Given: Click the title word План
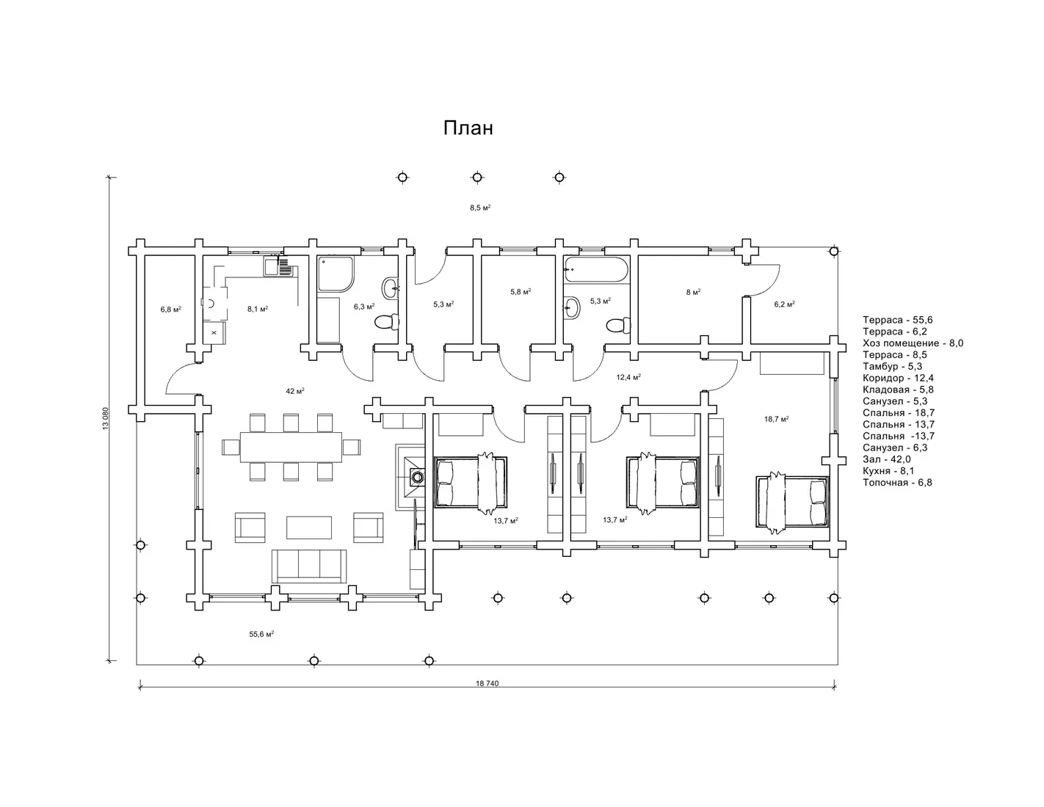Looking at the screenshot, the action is pyautogui.click(x=468, y=128).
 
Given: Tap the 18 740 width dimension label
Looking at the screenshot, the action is pyautogui.click(x=487, y=684).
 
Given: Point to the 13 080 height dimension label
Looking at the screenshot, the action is pyautogui.click(x=106, y=419).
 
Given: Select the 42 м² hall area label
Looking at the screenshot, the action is pyautogui.click(x=295, y=391).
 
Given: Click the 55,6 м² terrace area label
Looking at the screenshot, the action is pyautogui.click(x=261, y=634).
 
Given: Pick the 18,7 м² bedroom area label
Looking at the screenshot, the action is pyautogui.click(x=777, y=419).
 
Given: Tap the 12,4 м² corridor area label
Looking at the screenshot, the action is pyautogui.click(x=628, y=377).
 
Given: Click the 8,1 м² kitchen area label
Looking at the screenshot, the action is pyautogui.click(x=258, y=309).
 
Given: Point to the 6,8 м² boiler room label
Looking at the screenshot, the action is pyautogui.click(x=170, y=310).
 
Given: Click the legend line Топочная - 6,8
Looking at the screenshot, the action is pyautogui.click(x=897, y=483).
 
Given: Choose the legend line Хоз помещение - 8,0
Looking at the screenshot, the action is pyautogui.click(x=913, y=343).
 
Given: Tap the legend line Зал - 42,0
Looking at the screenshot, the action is pyautogui.click(x=886, y=459).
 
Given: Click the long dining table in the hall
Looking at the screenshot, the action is pyautogui.click(x=291, y=447).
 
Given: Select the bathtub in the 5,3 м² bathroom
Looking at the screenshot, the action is pyautogui.click(x=596, y=270).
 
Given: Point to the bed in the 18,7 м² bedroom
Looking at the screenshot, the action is pyautogui.click(x=792, y=502).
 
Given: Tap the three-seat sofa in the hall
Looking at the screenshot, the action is pyautogui.click(x=309, y=566).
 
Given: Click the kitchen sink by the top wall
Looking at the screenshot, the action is pyautogui.click(x=278, y=266).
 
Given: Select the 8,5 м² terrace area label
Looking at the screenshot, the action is pyautogui.click(x=480, y=208).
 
